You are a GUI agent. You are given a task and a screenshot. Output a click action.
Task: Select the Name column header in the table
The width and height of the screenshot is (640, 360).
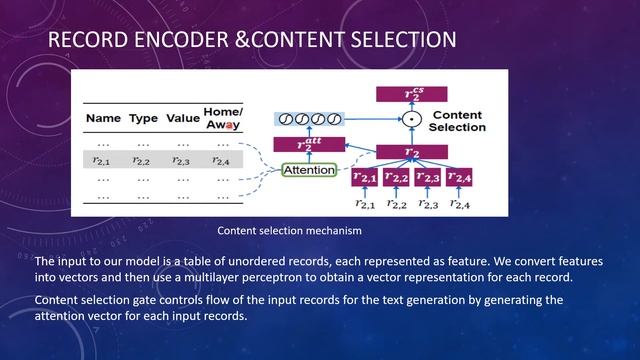[x=103, y=118]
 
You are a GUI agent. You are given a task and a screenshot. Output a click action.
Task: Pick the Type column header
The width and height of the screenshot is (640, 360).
[x=144, y=118]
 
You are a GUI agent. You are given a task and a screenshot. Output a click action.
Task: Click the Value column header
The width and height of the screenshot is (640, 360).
[x=182, y=118]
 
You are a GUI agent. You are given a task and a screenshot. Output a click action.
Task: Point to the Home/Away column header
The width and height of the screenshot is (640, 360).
[x=223, y=117]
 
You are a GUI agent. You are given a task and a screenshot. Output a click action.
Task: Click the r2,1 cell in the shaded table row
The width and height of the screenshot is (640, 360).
[x=102, y=159]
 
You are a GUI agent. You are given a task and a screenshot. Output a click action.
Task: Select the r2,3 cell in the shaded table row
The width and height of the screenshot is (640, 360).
[x=181, y=159]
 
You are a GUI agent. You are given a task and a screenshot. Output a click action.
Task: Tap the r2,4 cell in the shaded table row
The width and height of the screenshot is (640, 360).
[x=221, y=159]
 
